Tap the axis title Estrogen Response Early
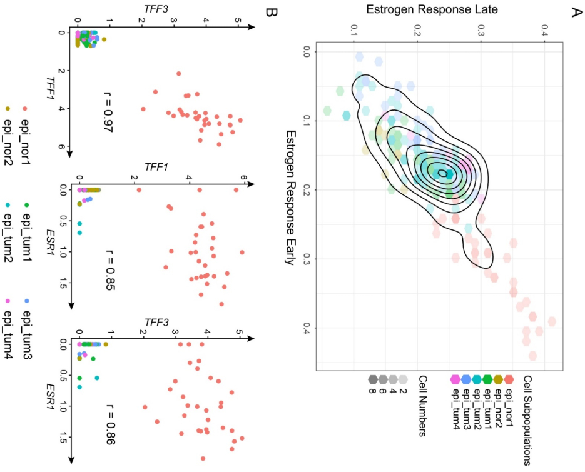click(x=290, y=197)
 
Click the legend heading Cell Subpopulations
click(x=527, y=420)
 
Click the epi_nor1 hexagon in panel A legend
click(x=509, y=379)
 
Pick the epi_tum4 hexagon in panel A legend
click(x=455, y=379)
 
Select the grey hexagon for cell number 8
click(x=374, y=379)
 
